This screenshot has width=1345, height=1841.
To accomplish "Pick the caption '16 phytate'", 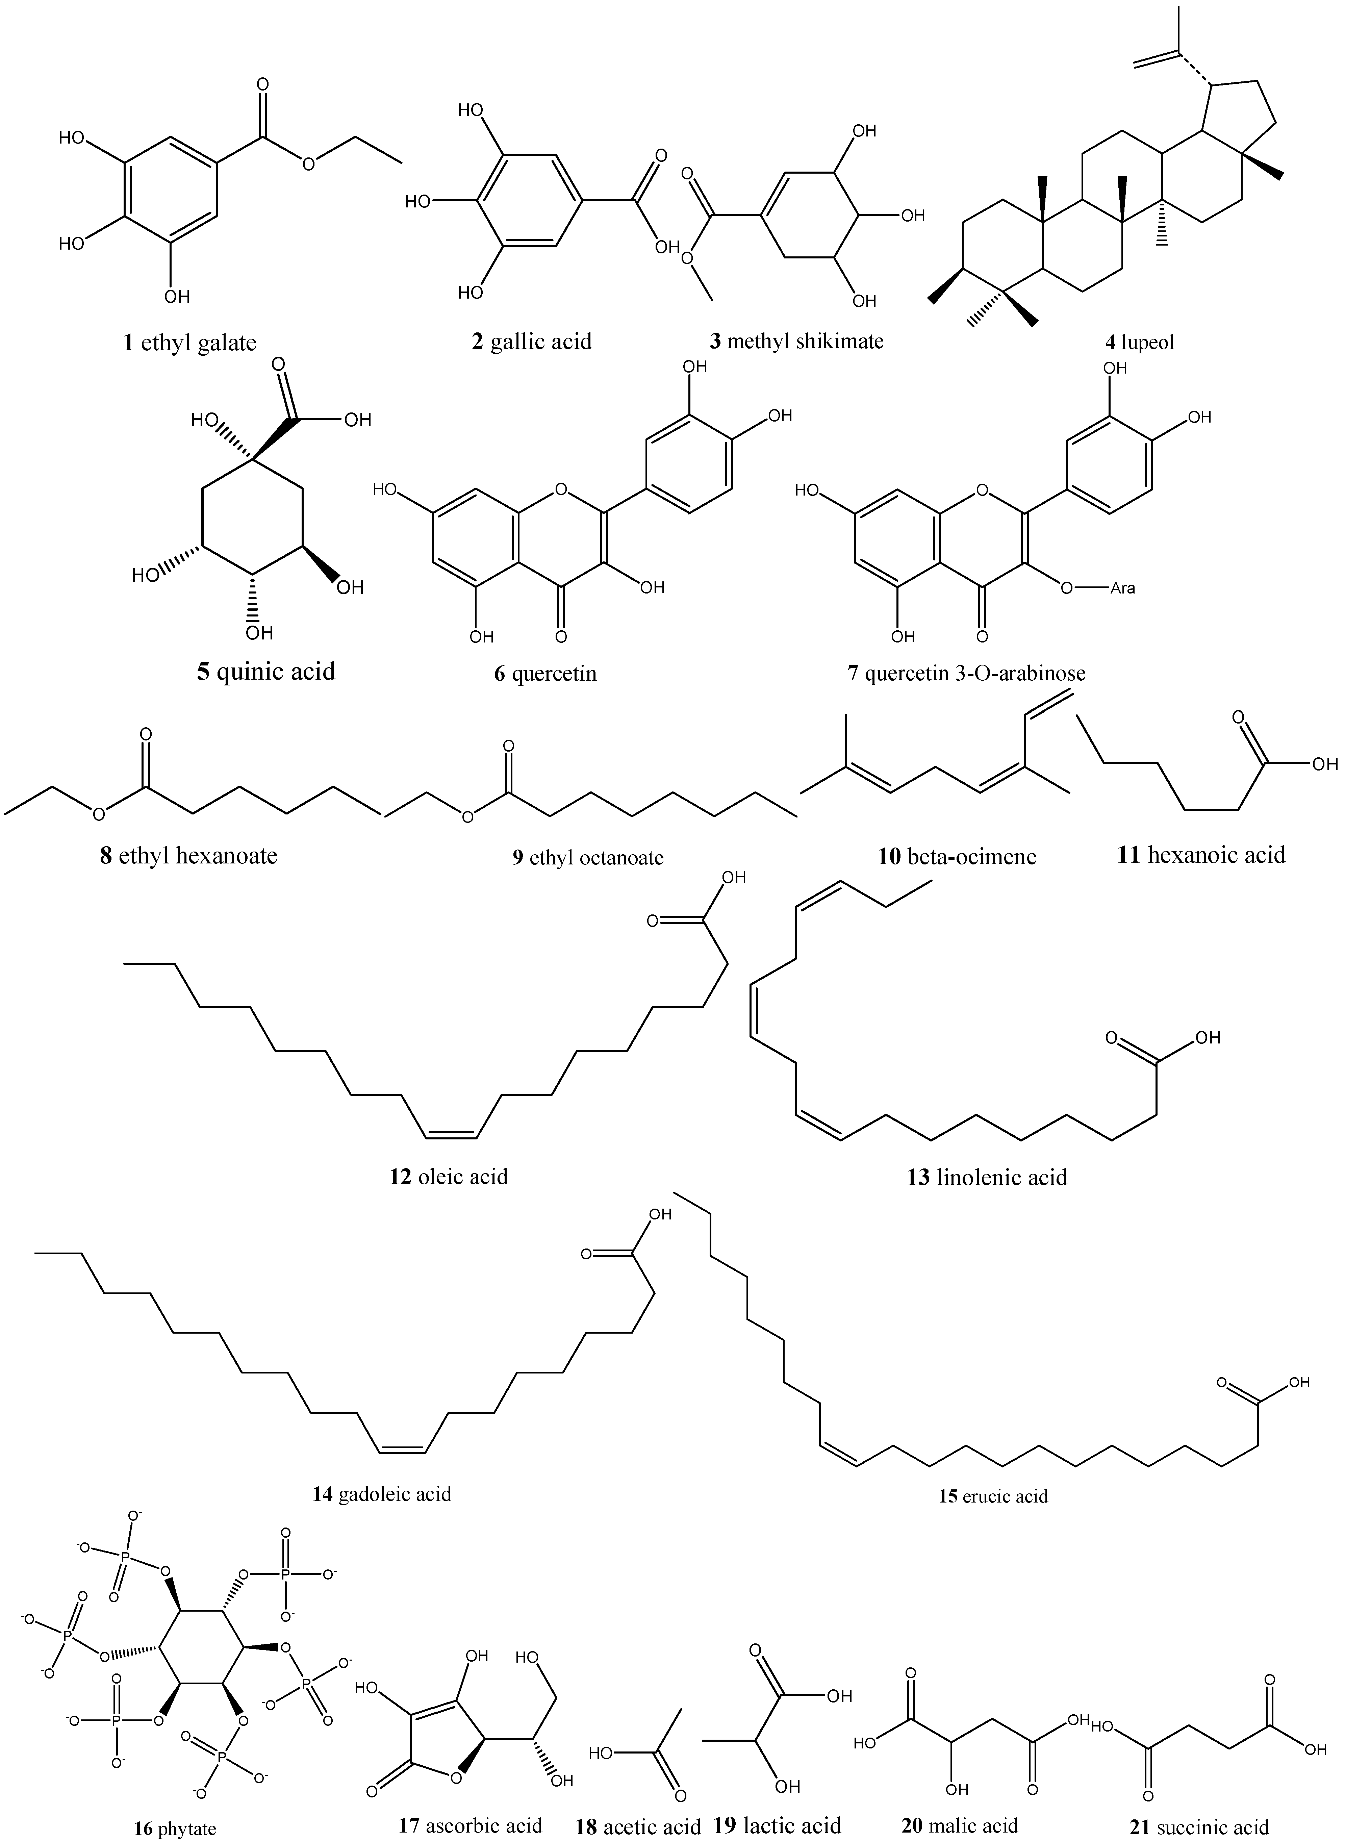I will click(x=175, y=1829).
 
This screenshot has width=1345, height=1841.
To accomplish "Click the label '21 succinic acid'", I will click(x=1211, y=1826).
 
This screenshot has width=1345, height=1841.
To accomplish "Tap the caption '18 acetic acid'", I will click(x=637, y=1826).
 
